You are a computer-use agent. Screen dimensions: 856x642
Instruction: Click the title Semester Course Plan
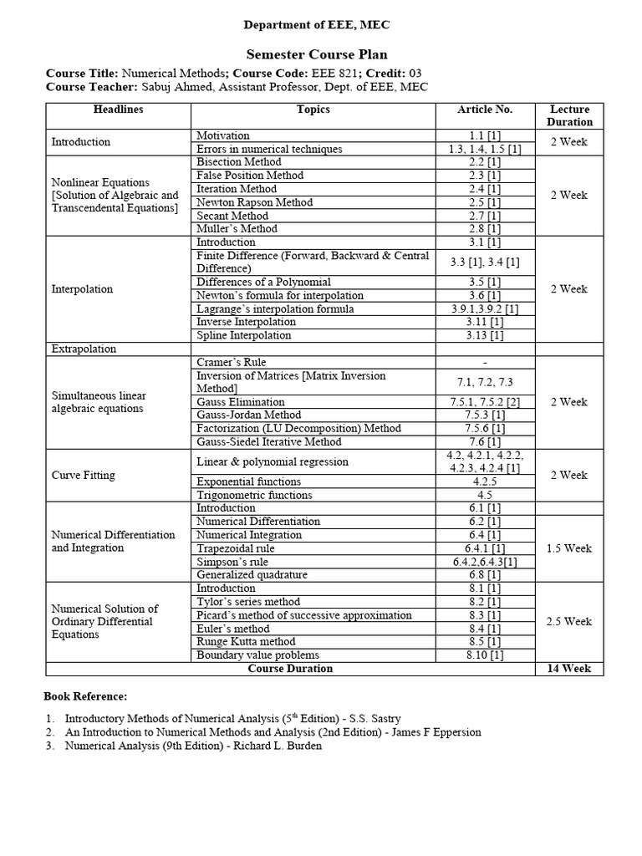point(317,53)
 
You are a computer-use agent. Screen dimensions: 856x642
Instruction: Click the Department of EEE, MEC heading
point(317,25)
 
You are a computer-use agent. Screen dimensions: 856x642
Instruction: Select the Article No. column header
point(485,110)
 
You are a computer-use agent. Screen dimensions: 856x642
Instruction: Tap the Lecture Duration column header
point(569,115)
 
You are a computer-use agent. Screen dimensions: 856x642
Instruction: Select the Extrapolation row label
point(84,349)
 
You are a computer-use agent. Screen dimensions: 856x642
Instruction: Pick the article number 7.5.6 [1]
point(485,428)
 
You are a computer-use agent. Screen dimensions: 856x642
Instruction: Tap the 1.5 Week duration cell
point(569,548)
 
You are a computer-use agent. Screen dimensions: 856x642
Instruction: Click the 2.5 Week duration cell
point(569,622)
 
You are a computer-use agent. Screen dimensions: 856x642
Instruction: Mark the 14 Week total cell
point(569,669)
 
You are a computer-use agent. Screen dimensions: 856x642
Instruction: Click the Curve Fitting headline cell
point(84,475)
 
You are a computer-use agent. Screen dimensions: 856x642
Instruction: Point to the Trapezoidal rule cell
point(235,548)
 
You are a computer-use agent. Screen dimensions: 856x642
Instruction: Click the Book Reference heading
point(85,696)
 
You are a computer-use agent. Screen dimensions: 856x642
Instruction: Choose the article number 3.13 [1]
point(485,335)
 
